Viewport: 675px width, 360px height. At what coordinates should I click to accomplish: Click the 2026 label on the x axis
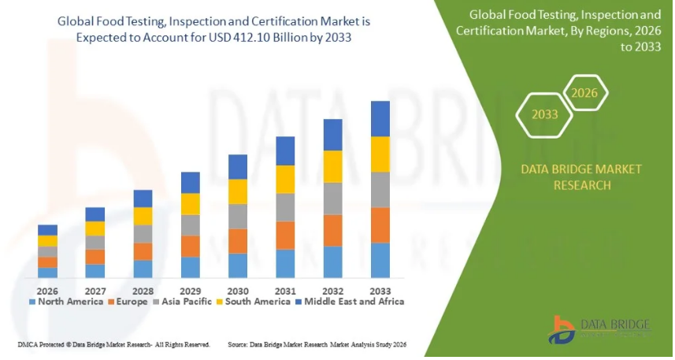(47, 291)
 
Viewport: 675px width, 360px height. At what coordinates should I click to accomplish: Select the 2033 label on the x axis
(380, 291)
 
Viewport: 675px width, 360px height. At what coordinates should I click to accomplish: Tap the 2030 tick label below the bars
(238, 291)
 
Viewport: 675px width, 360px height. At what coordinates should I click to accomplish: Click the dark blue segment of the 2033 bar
(380, 119)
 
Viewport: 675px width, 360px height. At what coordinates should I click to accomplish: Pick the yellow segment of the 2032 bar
(333, 166)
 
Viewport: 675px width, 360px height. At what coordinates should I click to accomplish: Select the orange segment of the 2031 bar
(285, 235)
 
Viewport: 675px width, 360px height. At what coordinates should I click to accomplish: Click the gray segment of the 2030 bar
(238, 216)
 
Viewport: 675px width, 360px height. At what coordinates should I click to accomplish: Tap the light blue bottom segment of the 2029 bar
(191, 267)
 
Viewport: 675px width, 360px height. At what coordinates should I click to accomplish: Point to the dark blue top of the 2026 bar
(47, 230)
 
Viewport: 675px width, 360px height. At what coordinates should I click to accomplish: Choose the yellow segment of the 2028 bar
(143, 216)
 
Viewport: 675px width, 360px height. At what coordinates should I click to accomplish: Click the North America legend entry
(66, 302)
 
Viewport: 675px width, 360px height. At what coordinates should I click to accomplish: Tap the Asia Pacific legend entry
(187, 302)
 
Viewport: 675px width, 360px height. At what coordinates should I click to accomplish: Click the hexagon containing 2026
(584, 94)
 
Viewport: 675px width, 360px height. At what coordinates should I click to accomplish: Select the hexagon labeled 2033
(543, 114)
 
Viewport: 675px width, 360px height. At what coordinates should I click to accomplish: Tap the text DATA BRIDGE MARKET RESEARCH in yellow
(570, 177)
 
